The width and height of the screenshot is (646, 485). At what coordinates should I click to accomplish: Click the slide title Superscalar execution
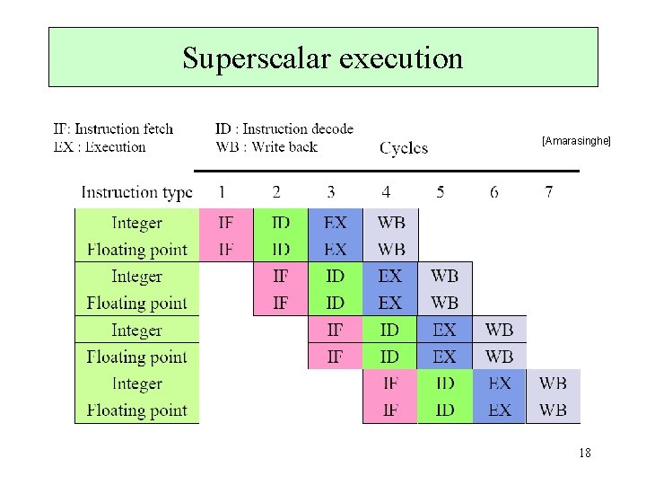323,57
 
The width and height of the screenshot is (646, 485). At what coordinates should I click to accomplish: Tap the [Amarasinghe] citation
576,141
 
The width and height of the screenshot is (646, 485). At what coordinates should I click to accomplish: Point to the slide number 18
585,454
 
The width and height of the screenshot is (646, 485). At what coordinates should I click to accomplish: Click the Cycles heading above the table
404,148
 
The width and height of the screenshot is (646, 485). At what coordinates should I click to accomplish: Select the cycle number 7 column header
548,192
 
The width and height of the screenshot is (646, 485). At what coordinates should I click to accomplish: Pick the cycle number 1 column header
222,192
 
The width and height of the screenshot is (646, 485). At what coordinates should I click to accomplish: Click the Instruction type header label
136,192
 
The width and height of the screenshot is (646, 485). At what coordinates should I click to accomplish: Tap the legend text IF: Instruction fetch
114,130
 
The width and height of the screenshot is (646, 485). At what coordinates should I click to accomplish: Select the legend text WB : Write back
266,147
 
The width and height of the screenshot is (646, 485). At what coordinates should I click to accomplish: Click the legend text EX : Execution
100,147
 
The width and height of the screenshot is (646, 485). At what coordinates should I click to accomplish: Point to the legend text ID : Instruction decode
284,130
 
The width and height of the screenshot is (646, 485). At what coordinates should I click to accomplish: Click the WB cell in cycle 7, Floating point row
553,410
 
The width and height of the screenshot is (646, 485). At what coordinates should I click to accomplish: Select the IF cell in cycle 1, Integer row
226,223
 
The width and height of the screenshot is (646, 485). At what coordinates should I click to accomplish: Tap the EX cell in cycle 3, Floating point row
336,250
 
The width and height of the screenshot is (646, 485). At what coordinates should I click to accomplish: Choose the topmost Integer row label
136,223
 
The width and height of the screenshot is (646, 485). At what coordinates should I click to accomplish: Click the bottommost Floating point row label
136,410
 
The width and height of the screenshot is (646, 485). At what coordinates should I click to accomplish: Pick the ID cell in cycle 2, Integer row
281,223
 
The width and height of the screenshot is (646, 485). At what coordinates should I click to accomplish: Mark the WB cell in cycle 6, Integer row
500,330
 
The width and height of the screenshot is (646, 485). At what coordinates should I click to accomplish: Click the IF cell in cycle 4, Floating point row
390,410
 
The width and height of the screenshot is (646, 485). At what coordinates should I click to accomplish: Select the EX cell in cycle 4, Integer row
390,276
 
